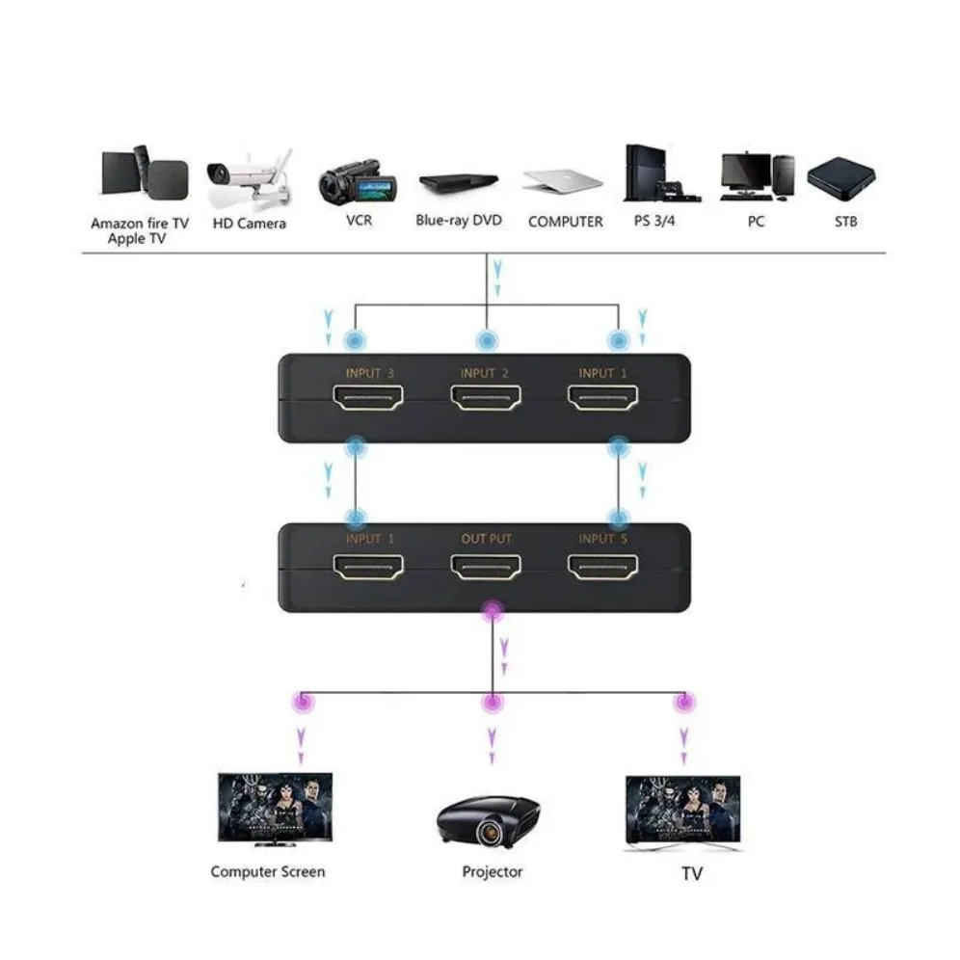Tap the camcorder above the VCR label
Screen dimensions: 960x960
358,180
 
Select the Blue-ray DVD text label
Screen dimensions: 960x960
459,221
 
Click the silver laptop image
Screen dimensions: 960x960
564,180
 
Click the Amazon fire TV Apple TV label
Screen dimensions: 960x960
140,230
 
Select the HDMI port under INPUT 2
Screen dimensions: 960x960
487,397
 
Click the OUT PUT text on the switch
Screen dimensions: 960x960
487,538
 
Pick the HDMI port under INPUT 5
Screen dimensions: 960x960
603,568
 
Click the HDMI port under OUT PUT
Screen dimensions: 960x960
487,568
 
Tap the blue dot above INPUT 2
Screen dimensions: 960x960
487,340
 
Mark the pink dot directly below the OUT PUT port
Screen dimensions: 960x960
493,611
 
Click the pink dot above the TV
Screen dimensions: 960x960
683,702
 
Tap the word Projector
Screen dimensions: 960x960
492,871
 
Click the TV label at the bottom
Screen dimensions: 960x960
691,873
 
